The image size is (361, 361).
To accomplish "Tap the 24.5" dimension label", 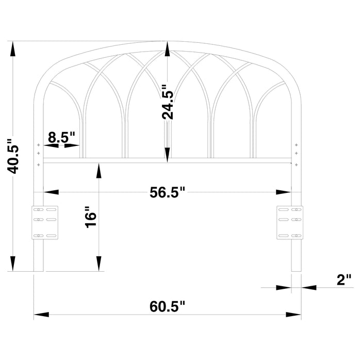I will point(168,103).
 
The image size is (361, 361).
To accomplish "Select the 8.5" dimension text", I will point(61,137).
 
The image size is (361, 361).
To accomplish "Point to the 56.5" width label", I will point(167,192).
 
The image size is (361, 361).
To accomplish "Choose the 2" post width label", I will point(343,280).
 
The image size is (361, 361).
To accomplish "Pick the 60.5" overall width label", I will point(167,307).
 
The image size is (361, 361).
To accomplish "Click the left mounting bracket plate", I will point(46,222).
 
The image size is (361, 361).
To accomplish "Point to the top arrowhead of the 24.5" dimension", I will point(168,49).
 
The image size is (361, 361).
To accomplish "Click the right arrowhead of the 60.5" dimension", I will point(294,314).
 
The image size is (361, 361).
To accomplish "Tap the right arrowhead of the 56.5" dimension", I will point(284,192).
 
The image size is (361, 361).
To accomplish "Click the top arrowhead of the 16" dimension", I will point(98,169).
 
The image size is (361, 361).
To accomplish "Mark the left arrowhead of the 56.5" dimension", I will point(51,192).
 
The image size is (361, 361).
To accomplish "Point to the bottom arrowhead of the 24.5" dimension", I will point(168,155).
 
